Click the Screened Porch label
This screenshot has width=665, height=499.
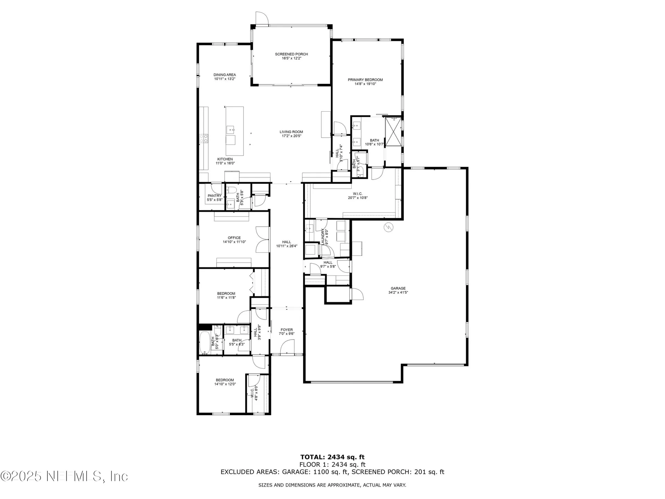click(x=291, y=54)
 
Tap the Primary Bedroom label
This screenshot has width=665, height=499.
click(x=365, y=80)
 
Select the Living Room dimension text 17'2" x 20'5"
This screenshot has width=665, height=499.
click(x=291, y=136)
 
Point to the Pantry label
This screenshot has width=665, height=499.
click(x=214, y=196)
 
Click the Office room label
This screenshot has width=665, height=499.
click(x=234, y=238)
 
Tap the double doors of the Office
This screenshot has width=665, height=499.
click(x=263, y=239)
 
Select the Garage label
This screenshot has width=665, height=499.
click(x=398, y=288)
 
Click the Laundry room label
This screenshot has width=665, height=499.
click(x=323, y=237)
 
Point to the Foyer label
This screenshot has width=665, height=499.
click(x=286, y=330)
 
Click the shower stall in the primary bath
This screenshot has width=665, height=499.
click(x=393, y=132)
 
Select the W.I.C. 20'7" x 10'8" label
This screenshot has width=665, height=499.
click(x=358, y=196)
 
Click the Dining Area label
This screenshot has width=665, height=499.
click(x=224, y=75)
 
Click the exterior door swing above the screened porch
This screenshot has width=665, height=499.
click(x=261, y=18)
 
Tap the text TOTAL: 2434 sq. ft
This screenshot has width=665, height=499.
click(x=332, y=457)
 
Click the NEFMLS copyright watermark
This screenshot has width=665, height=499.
click(x=64, y=476)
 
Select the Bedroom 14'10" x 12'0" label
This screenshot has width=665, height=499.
click(x=225, y=380)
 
